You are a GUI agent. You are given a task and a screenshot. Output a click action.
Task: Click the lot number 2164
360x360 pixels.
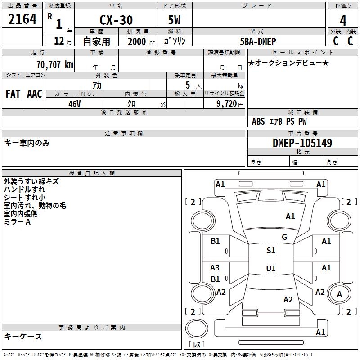[22, 19]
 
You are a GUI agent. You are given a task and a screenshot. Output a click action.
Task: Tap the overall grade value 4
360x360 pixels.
[343, 20]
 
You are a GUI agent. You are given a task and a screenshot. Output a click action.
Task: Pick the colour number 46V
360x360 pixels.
[74, 103]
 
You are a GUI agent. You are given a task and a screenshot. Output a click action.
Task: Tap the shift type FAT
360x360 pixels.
[13, 94]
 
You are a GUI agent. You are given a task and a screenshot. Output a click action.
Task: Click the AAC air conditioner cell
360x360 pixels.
[35, 94]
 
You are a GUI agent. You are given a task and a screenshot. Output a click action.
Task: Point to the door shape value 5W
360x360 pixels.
[174, 20]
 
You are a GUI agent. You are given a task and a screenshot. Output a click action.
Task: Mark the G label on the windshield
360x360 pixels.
[284, 237]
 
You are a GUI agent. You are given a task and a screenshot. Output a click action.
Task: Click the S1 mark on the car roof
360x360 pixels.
[270, 251]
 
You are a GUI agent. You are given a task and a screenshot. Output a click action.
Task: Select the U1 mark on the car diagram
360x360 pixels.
[270, 269]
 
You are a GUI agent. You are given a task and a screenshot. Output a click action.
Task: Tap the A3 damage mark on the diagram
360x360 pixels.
[215, 268]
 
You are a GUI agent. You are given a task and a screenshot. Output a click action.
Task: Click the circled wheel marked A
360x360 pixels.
[339, 295]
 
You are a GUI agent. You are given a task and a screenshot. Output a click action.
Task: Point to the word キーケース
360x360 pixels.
[23, 336]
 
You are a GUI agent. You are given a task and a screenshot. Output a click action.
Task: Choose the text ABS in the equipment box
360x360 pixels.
[258, 121]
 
